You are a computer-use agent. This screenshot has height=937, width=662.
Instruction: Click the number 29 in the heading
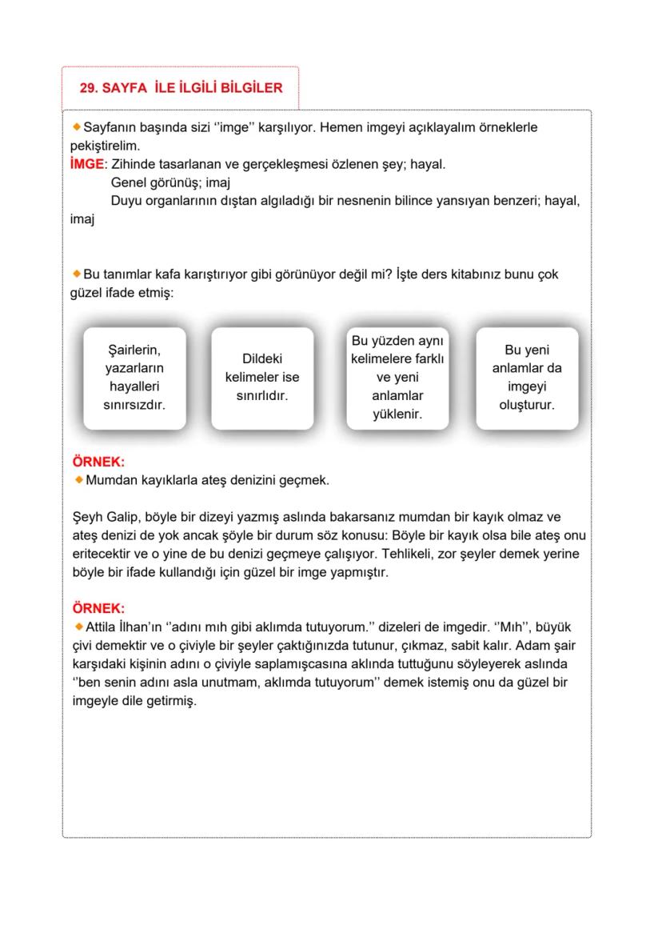click(87, 88)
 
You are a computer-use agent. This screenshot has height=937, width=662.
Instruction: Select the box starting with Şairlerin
click(134, 378)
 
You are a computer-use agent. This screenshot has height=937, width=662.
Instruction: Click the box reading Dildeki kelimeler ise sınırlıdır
click(262, 378)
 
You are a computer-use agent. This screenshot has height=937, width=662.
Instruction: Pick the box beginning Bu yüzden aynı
click(398, 378)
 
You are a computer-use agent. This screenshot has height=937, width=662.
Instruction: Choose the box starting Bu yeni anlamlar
click(527, 378)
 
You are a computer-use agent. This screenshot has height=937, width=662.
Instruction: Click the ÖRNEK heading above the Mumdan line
click(98, 462)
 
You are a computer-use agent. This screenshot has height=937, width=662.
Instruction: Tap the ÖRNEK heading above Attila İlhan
click(98, 608)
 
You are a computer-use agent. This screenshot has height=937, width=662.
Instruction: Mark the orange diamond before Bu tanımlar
click(77, 274)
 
